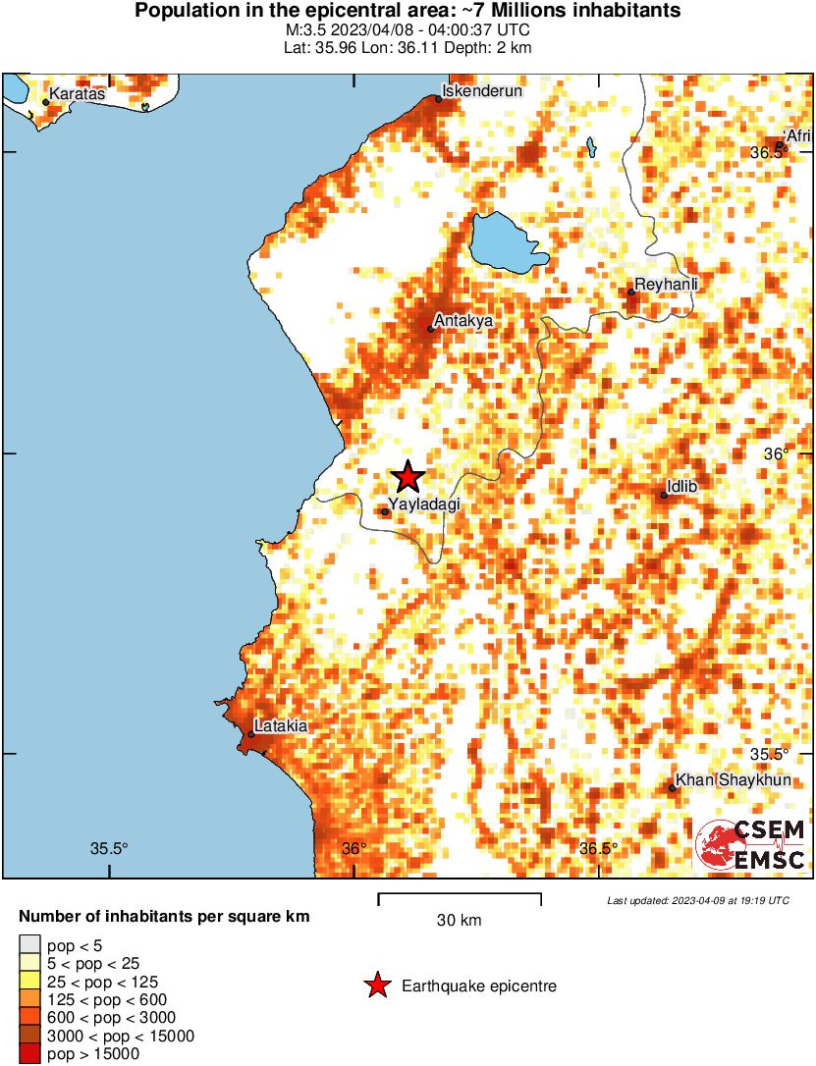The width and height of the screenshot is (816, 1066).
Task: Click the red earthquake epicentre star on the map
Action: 408,478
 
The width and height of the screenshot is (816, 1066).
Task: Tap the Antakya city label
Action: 463,320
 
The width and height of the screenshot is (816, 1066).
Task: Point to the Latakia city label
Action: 283,726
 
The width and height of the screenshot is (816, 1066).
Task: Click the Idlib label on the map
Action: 681,485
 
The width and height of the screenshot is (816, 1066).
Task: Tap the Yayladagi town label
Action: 424,505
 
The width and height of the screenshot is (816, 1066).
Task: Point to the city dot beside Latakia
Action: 251,734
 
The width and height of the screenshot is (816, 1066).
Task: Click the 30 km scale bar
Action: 460,895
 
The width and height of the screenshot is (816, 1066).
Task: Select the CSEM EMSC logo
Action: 751,845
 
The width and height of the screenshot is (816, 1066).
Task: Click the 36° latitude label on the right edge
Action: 777,453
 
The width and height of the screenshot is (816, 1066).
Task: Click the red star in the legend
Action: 376,986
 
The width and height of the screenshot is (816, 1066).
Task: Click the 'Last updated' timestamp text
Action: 697,900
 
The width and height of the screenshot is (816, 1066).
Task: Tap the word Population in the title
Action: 183,12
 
